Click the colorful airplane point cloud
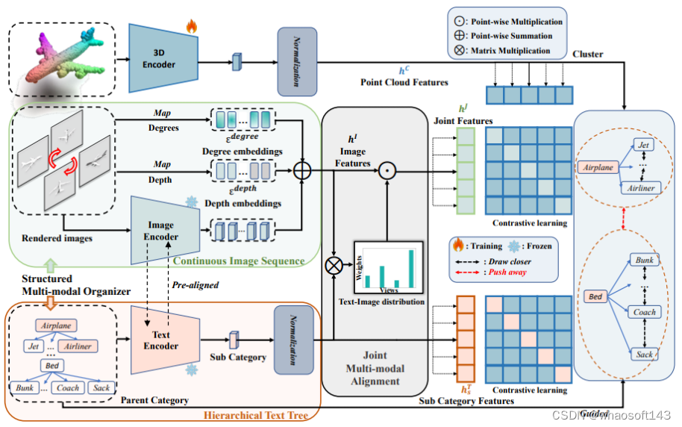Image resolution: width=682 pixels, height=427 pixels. click(x=64, y=57)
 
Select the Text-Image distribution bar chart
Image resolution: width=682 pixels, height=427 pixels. click(x=388, y=269)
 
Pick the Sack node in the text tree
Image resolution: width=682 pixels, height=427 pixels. click(x=101, y=387)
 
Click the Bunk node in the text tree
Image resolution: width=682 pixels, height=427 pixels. click(x=26, y=387)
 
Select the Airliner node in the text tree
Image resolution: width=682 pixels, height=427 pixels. click(x=78, y=346)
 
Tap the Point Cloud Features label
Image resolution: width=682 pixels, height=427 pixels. click(x=404, y=82)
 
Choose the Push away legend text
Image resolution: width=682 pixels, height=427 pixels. click(x=510, y=273)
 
